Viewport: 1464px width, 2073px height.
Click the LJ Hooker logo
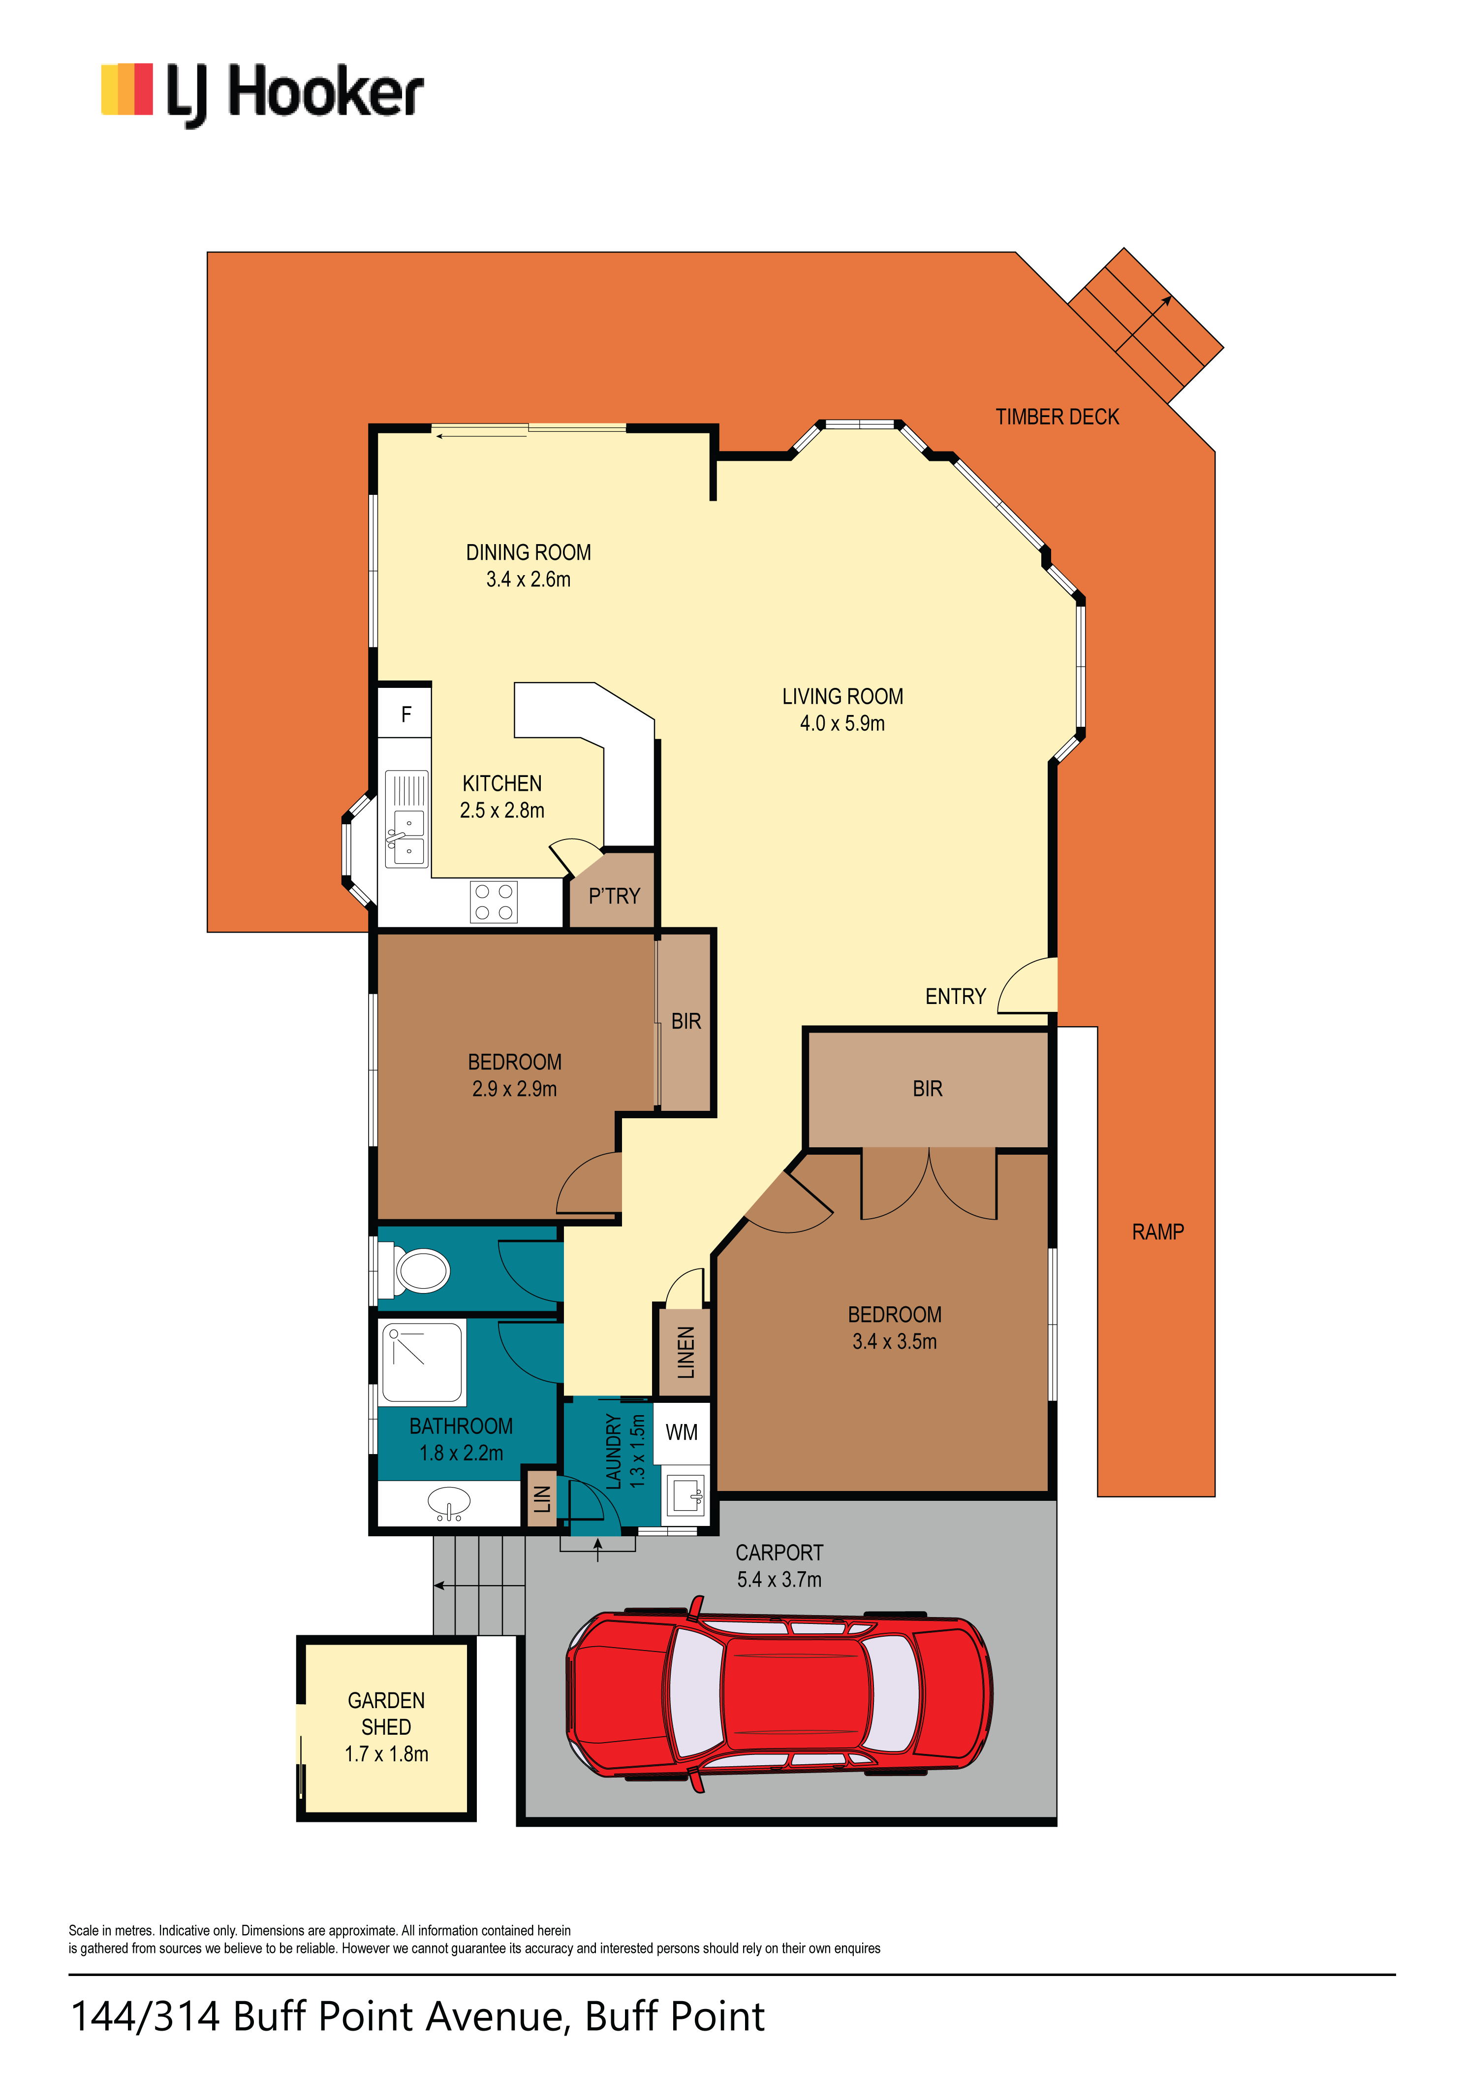[262, 94]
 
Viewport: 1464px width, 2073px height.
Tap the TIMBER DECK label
[1057, 417]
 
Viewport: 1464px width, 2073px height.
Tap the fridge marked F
[405, 714]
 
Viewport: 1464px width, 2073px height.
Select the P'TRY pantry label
[614, 897]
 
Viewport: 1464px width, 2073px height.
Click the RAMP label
[1158, 1231]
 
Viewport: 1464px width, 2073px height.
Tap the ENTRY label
[955, 997]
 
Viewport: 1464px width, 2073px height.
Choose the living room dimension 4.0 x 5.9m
[842, 723]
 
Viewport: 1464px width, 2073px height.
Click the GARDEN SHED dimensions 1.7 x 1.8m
[386, 1754]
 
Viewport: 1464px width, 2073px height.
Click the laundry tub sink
[686, 1494]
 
